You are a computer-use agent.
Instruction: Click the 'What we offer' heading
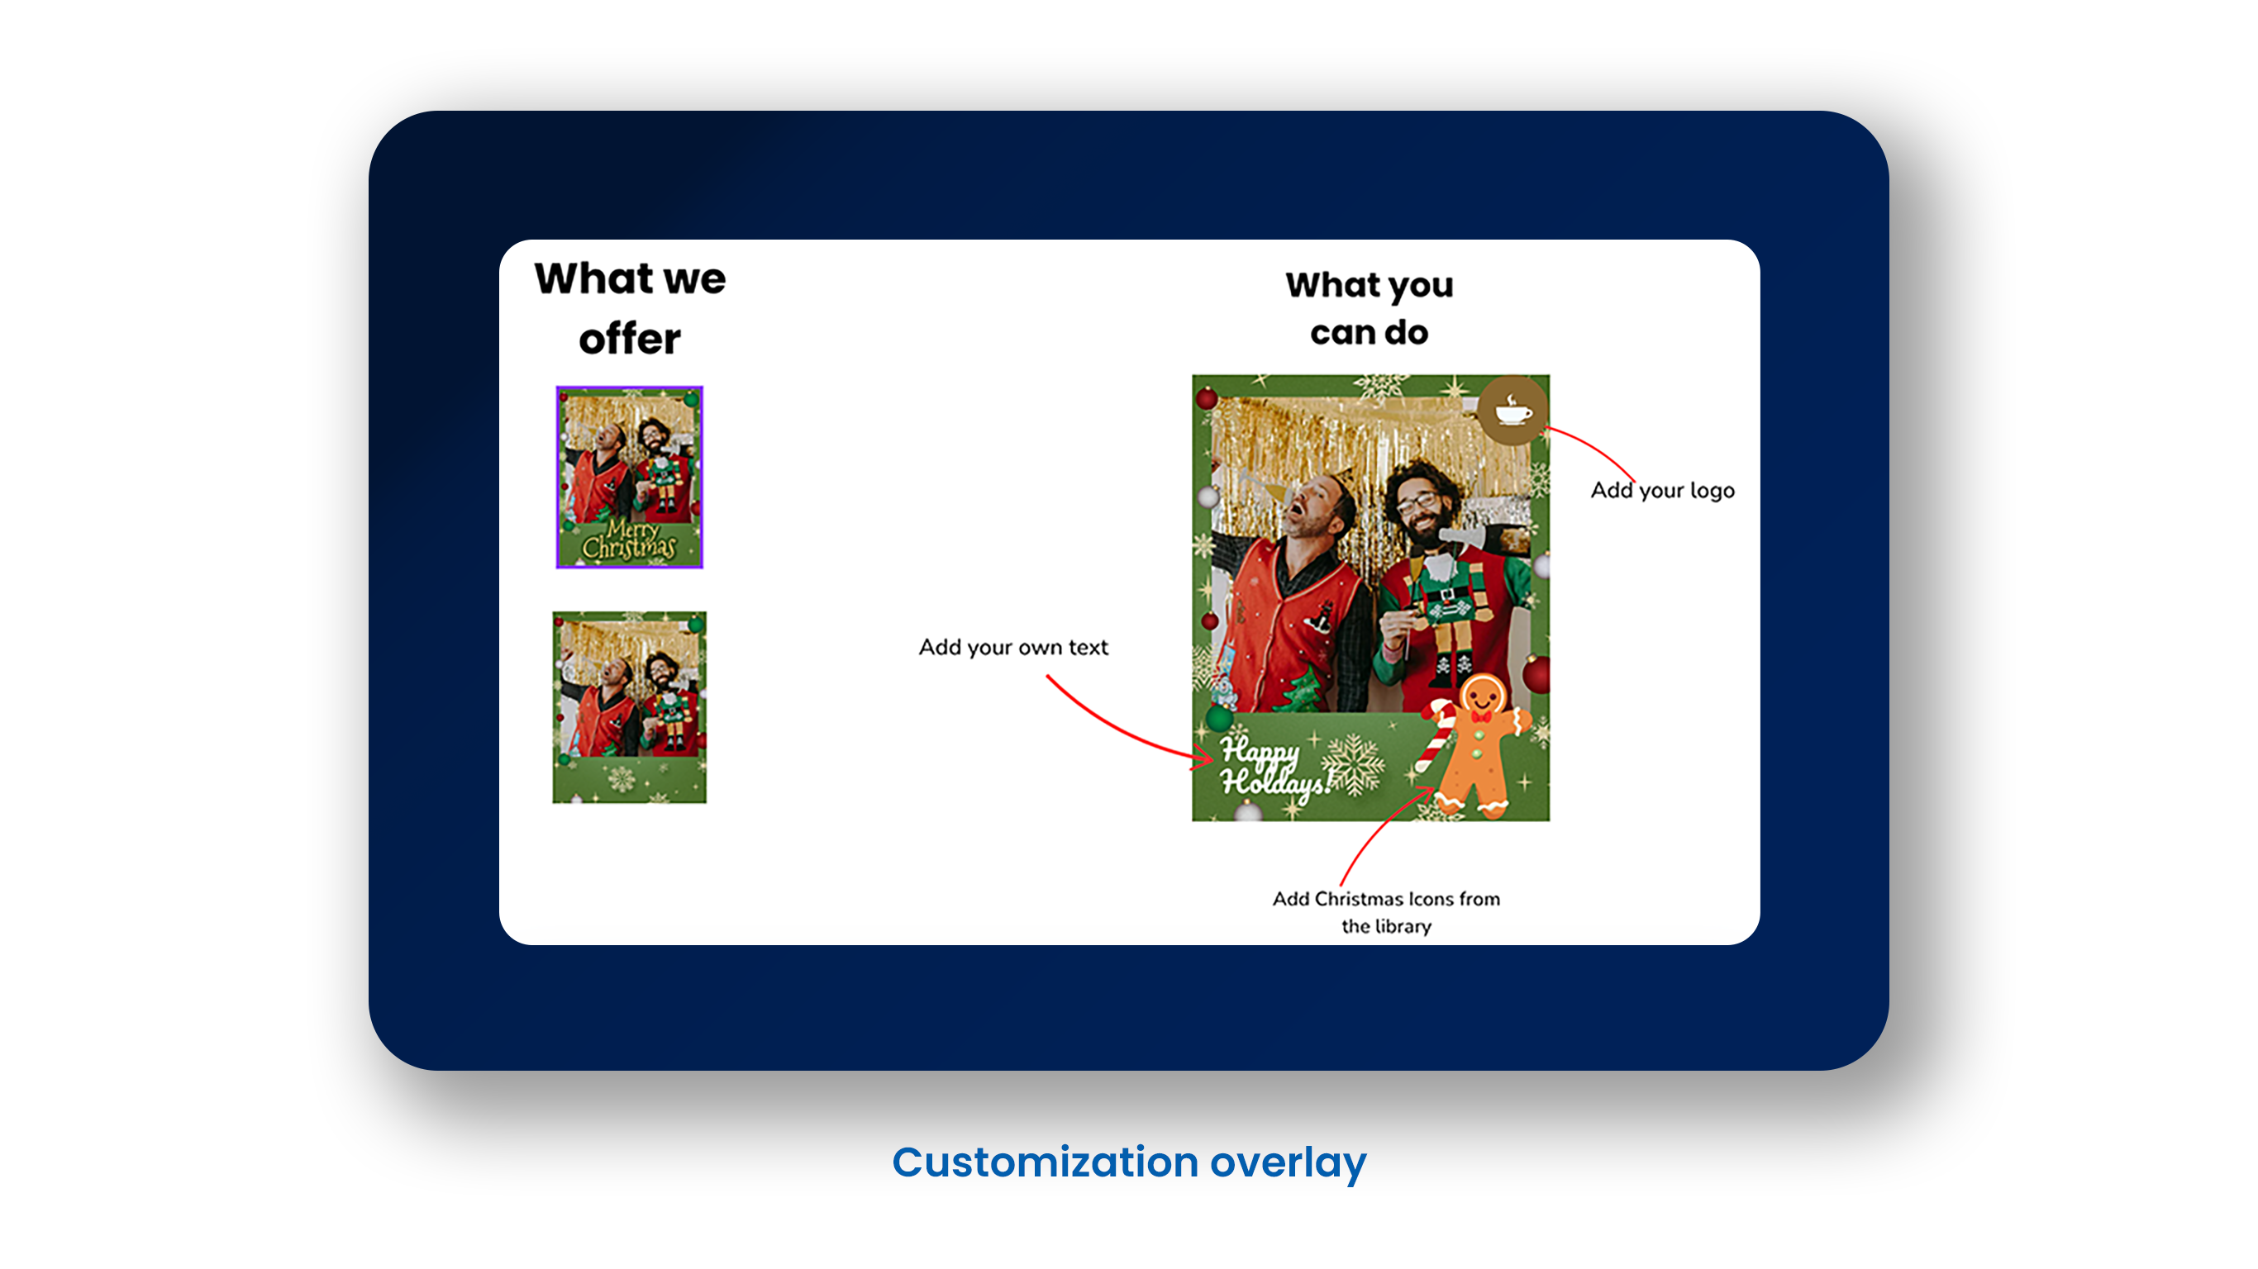coord(629,307)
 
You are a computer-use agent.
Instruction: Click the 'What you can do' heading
coord(1370,308)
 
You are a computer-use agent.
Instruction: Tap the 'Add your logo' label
coord(1662,491)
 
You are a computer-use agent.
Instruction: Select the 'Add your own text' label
coord(1013,647)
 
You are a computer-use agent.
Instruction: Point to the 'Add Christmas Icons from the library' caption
coord(1386,912)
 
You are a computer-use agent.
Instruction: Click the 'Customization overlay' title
coord(1129,1163)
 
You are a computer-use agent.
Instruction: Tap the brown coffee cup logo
coord(1513,410)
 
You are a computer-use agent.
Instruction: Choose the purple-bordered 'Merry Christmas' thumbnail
coord(629,477)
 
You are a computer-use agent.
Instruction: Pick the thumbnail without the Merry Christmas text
coord(629,707)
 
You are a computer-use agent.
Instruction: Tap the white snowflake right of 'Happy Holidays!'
coord(1355,764)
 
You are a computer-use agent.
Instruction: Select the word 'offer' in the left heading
coord(629,338)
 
